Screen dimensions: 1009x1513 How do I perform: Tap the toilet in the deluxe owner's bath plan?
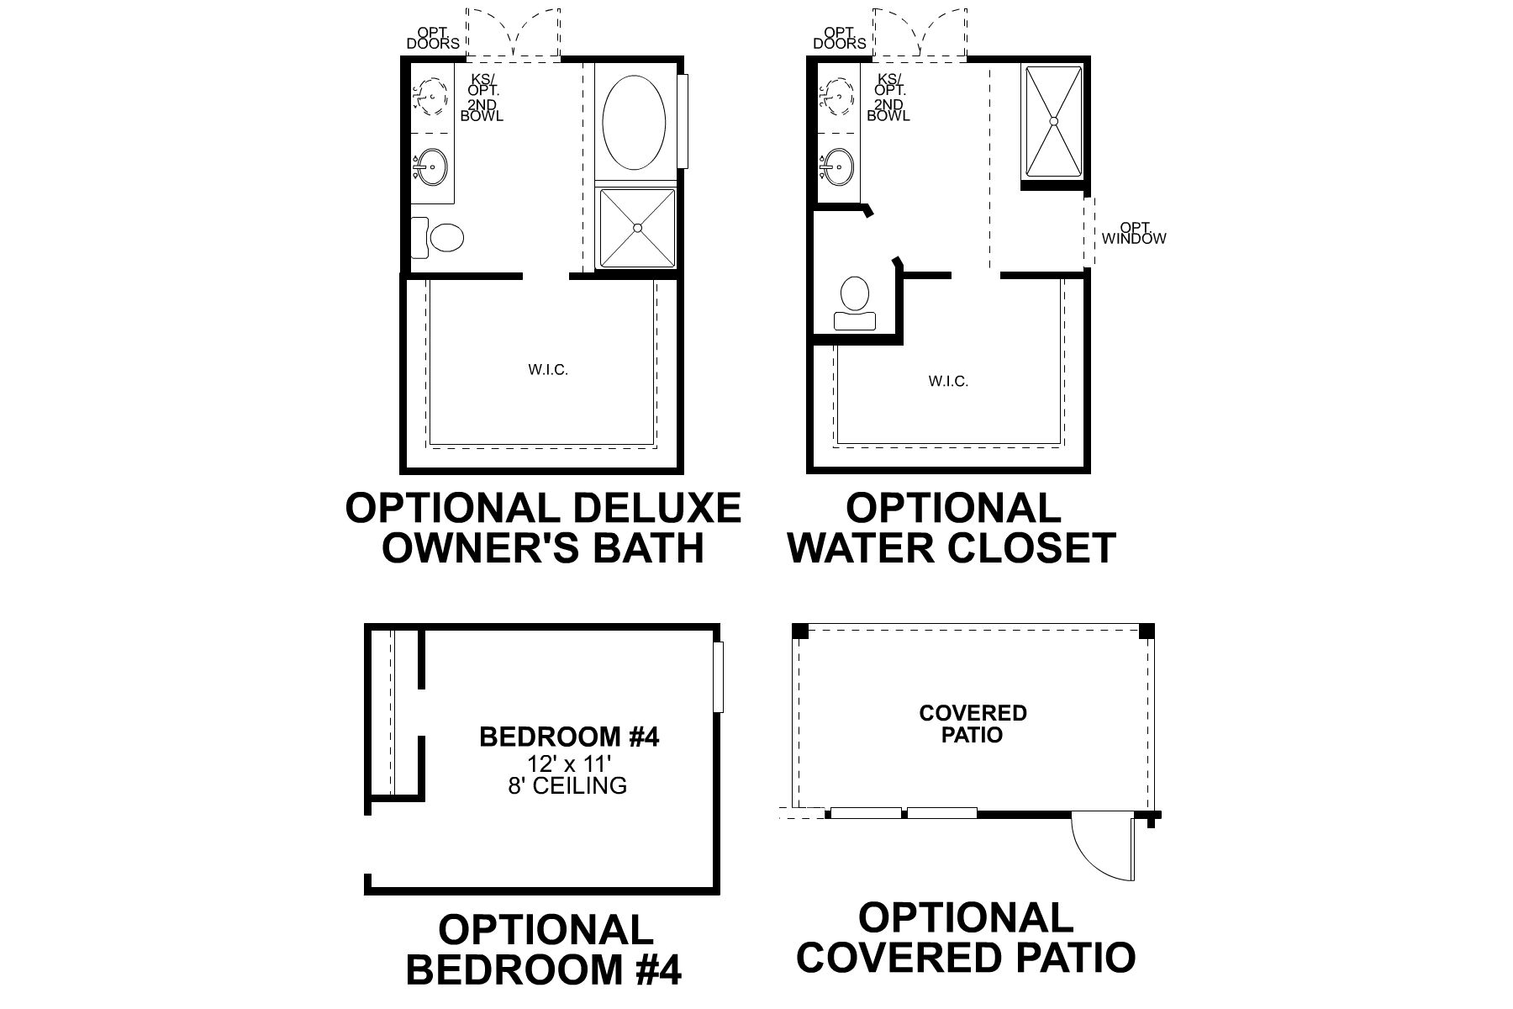point(443,237)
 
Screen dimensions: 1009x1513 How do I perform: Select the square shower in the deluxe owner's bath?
point(637,228)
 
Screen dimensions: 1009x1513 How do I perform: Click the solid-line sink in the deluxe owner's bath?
point(432,167)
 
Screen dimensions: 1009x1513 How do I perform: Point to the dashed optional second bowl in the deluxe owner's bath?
point(431,97)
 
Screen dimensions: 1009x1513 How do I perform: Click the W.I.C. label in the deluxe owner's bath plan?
point(548,370)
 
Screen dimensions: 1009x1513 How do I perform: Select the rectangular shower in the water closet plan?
point(1052,122)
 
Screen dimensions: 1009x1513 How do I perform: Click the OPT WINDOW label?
point(1134,234)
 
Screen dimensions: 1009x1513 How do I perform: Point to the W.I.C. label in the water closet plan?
point(948,382)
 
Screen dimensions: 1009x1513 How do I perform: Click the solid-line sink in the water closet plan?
point(837,166)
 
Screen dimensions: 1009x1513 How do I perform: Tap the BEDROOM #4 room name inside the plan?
point(569,737)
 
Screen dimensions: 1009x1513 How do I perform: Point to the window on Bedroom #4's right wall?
point(718,677)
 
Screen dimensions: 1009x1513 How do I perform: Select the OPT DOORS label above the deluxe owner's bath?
point(433,39)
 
